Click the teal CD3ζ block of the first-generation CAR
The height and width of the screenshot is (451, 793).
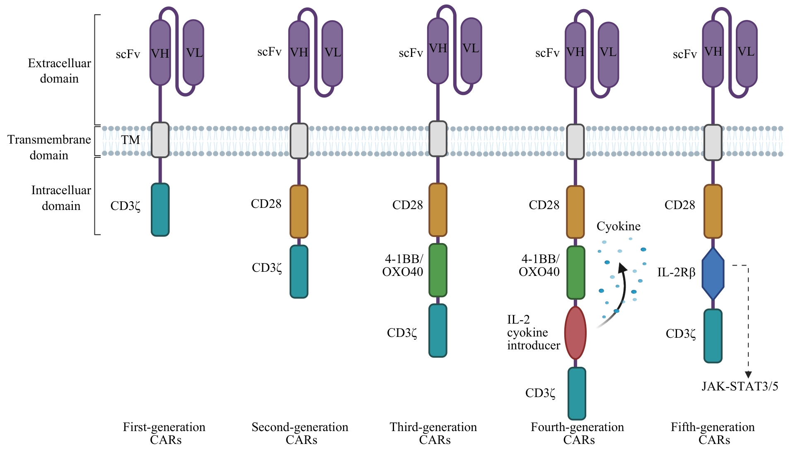click(x=160, y=210)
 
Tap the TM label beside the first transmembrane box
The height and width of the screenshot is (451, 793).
click(x=131, y=140)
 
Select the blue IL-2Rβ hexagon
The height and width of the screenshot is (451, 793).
click(x=713, y=273)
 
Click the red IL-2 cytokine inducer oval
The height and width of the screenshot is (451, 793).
click(x=575, y=333)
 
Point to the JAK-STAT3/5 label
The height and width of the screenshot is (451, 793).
click(x=740, y=387)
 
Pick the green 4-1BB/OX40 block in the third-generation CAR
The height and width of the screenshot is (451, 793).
click(x=438, y=270)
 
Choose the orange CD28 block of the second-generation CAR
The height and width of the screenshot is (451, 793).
click(x=299, y=212)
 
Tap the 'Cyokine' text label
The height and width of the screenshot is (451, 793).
click(x=618, y=226)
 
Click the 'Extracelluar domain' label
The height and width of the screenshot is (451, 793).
click(x=59, y=71)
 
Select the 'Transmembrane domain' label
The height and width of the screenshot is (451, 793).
click(x=49, y=147)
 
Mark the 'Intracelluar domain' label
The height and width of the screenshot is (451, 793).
click(x=61, y=198)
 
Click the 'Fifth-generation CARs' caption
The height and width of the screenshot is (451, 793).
click(x=713, y=433)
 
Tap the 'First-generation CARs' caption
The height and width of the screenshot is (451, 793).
click(x=164, y=433)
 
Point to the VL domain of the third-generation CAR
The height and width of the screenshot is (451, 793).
click(x=471, y=50)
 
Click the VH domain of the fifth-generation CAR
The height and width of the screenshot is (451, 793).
click(x=713, y=53)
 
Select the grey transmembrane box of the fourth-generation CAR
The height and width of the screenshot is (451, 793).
click(x=575, y=142)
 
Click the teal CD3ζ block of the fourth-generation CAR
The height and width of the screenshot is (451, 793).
click(x=577, y=393)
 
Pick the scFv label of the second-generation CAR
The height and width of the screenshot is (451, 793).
click(x=269, y=52)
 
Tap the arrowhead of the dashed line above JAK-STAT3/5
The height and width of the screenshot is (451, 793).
click(x=748, y=375)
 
